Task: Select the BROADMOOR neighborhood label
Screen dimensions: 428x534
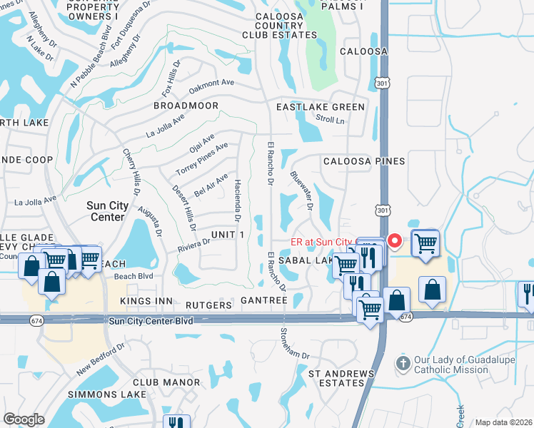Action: pos(186,106)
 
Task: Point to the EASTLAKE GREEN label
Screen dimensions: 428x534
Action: pos(321,107)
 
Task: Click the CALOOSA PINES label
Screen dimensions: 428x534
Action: pos(364,161)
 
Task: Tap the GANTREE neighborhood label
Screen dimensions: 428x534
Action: pos(264,301)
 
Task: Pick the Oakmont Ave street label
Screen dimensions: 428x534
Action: pos(212,87)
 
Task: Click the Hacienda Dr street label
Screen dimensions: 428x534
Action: pos(238,199)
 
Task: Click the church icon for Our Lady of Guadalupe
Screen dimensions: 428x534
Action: pos(403,363)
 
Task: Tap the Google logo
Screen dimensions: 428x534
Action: pos(24,419)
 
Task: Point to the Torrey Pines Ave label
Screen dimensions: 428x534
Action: pos(202,160)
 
